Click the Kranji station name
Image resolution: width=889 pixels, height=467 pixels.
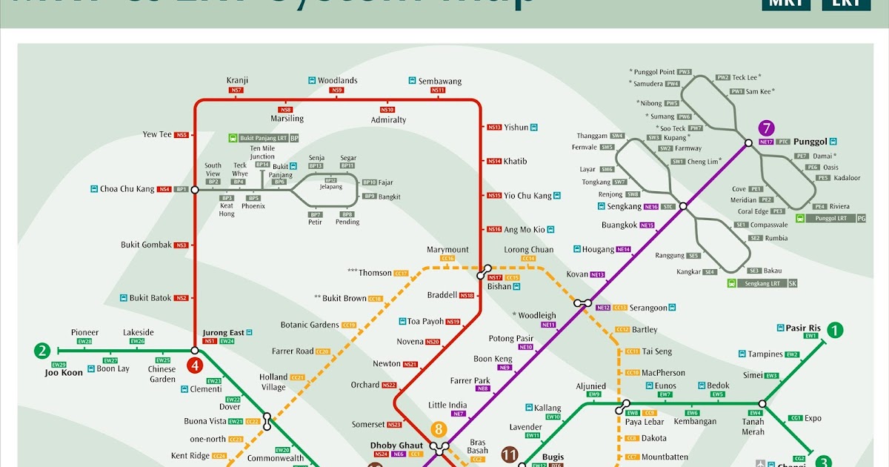pyautogui.click(x=237, y=81)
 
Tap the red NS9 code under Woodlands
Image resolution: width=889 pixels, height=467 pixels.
pyautogui.click(x=337, y=90)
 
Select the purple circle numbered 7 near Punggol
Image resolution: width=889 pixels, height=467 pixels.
pyautogui.click(x=766, y=127)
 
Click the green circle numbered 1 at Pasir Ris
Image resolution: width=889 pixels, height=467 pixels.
pyautogui.click(x=835, y=331)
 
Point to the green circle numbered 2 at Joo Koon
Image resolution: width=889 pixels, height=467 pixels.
pyautogui.click(x=42, y=351)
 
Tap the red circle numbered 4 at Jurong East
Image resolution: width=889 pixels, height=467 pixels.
pyautogui.click(x=195, y=365)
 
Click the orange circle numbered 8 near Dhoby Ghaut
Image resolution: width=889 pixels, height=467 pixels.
pyautogui.click(x=439, y=429)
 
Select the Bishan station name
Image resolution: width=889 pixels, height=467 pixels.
pyautogui.click(x=499, y=286)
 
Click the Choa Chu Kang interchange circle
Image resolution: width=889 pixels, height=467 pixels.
pyautogui.click(x=195, y=190)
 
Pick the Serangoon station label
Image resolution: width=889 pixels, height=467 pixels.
pyautogui.click(x=650, y=308)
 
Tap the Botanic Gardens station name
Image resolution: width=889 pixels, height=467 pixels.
pyautogui.click(x=309, y=325)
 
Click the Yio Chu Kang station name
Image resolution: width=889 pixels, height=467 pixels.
pyautogui.click(x=527, y=196)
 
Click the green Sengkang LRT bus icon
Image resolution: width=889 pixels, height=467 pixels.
pyautogui.click(x=732, y=283)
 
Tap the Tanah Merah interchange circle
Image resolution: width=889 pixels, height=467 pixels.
pyautogui.click(x=762, y=404)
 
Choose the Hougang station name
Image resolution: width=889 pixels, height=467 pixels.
pyautogui.click(x=599, y=250)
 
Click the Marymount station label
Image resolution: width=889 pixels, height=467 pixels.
pyautogui.click(x=447, y=250)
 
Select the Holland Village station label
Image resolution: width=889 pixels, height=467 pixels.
pyautogui.click(x=273, y=382)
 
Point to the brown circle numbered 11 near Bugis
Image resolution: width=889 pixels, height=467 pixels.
pyautogui.click(x=509, y=454)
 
